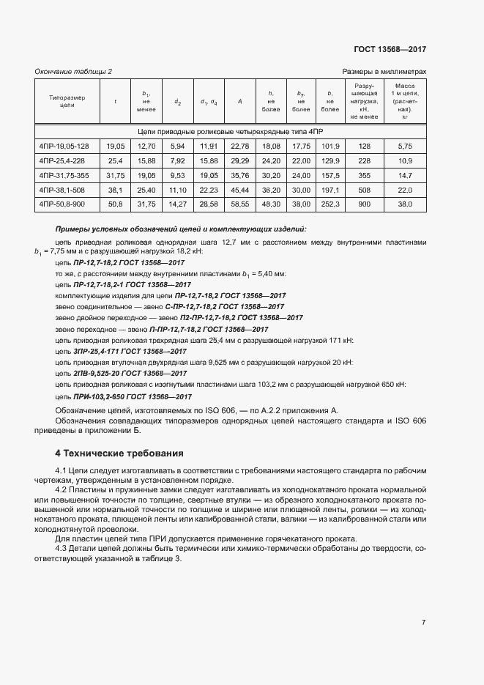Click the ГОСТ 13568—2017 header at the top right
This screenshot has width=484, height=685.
coord(390,49)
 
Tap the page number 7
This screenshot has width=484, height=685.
coord(424,622)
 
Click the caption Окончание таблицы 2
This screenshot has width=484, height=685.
coord(73,71)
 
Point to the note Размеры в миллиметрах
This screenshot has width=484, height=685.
coord(384,71)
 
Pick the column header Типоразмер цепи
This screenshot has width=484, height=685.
coord(67,101)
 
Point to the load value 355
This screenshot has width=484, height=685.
coord(364,175)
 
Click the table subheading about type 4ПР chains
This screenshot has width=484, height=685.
coord(230,130)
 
